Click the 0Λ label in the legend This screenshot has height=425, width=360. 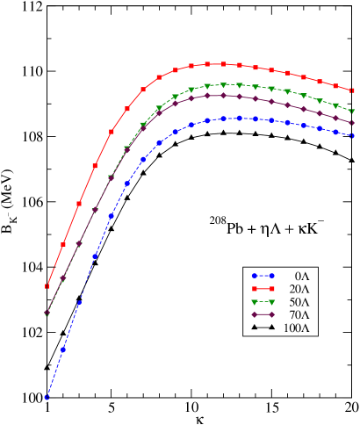[x=300, y=275]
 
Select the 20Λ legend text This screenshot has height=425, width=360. [x=298, y=288]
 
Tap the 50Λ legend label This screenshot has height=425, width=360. [x=298, y=301]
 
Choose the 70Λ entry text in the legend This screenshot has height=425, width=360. [x=298, y=314]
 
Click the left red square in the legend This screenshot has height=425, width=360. [x=253, y=288]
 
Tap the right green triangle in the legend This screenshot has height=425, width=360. [x=272, y=301]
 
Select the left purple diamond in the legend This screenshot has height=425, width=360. [x=253, y=314]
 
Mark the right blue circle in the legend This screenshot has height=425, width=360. [x=272, y=275]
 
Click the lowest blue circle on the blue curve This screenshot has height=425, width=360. [x=47, y=398]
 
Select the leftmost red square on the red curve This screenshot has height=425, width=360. [x=47, y=286]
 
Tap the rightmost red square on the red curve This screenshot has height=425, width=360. [x=352, y=90]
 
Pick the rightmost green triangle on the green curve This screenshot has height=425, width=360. [x=352, y=112]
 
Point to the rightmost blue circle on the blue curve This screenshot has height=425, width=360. [x=352, y=136]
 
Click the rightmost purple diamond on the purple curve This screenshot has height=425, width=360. [x=352, y=122]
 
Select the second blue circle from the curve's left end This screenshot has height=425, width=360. [x=63, y=349]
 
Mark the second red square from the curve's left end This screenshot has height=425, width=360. [x=63, y=244]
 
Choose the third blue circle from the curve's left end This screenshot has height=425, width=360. [x=80, y=303]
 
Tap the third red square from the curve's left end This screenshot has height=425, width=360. [x=79, y=204]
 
